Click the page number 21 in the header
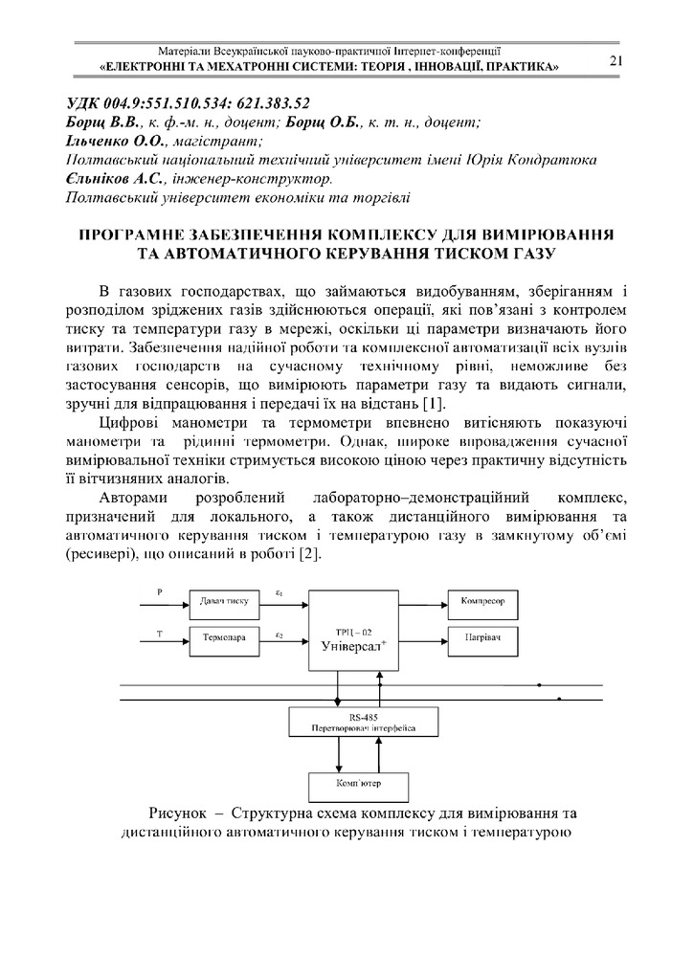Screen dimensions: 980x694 [x=616, y=61]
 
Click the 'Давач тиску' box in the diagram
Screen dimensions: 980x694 [x=224, y=601]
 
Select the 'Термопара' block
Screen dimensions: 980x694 [x=224, y=636]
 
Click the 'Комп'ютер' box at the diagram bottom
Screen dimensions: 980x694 [x=359, y=786]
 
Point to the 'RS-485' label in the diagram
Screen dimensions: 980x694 [x=363, y=716]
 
